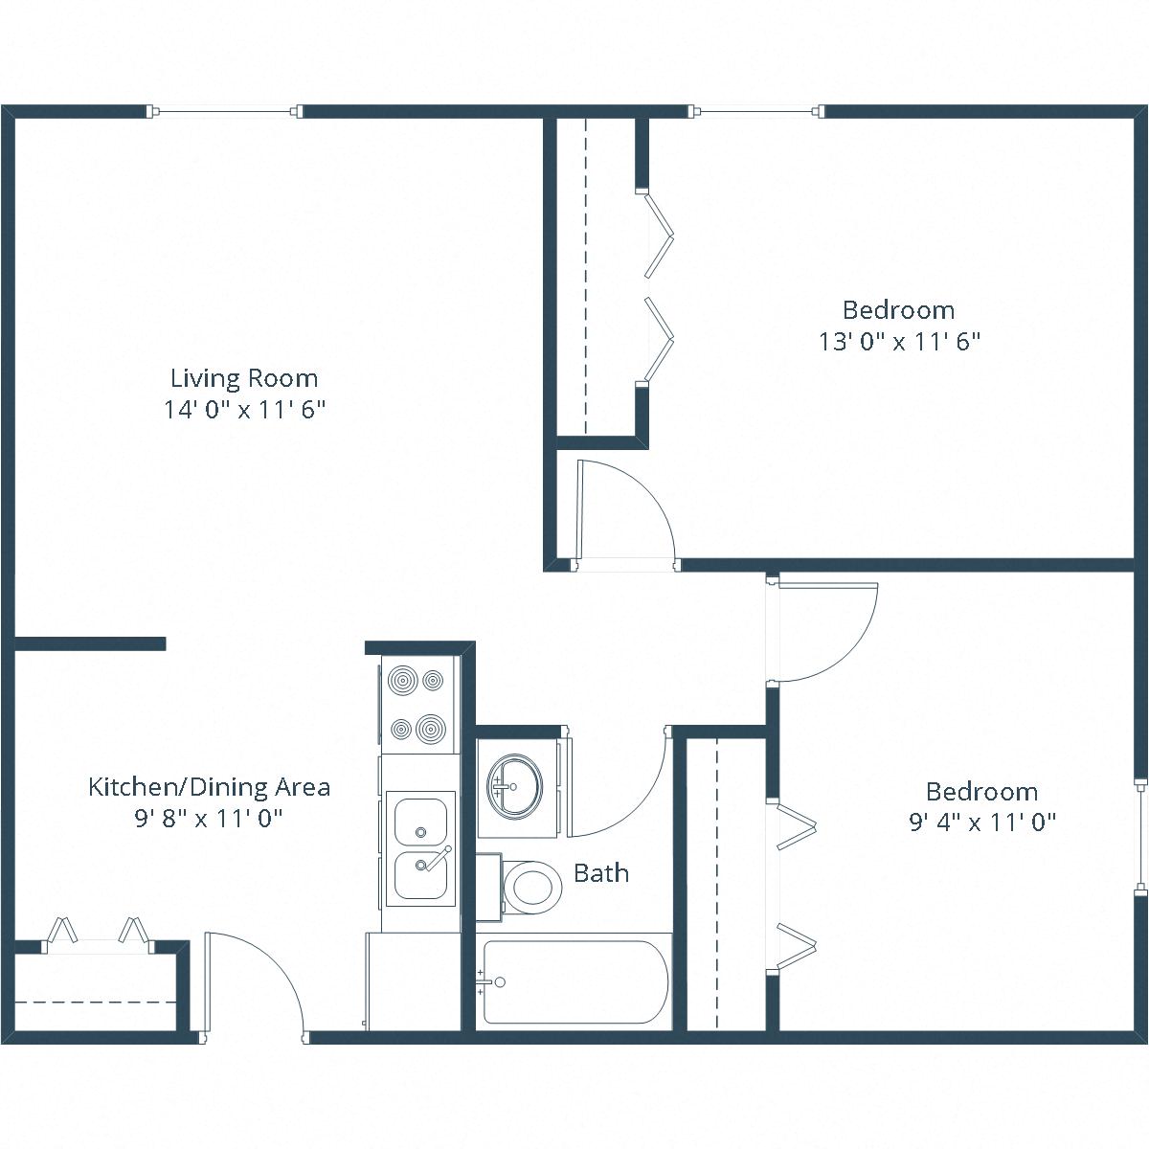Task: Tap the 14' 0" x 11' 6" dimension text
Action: [244, 410]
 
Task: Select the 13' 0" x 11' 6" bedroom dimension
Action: [899, 342]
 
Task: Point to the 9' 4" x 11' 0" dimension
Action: [981, 822]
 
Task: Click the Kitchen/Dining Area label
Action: [209, 787]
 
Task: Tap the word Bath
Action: [601, 872]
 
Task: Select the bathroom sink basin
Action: [514, 785]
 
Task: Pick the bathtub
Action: [574, 982]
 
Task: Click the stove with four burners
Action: [418, 705]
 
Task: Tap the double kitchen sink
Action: [420, 848]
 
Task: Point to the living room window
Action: [226, 112]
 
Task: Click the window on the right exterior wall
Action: [1139, 836]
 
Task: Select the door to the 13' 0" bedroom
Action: [622, 512]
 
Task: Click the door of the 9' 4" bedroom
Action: [823, 627]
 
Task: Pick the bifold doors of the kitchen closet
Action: [98, 933]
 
